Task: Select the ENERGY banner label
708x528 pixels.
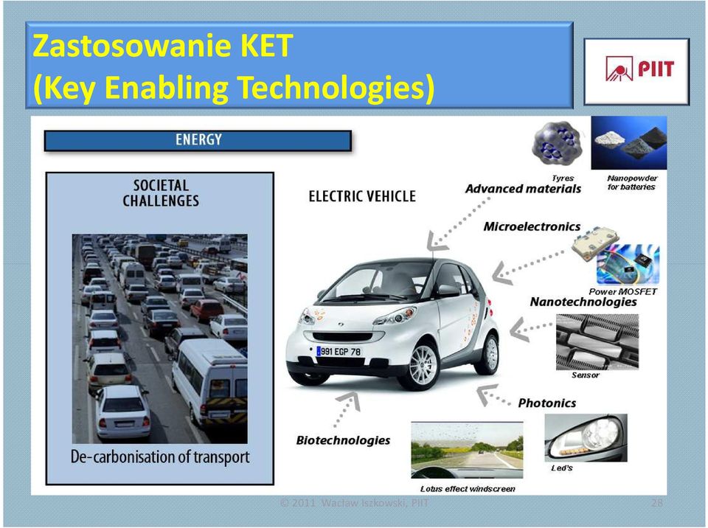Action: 198,139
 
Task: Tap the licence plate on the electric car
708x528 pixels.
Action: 339,351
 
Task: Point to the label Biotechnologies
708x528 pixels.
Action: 343,440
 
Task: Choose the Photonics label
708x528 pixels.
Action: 546,403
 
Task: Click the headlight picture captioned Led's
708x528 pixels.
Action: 586,438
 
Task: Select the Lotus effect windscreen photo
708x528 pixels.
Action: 467,450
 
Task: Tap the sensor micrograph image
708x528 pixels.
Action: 597,342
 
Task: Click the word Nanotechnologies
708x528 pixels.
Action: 583,302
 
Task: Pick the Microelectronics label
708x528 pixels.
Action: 532,226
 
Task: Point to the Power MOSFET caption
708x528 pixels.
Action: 622,291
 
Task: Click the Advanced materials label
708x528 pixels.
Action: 523,189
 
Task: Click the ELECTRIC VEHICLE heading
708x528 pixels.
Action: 362,196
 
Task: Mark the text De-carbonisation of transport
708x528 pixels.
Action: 160,456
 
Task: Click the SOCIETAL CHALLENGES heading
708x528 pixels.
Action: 161,193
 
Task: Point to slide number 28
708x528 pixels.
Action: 656,503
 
